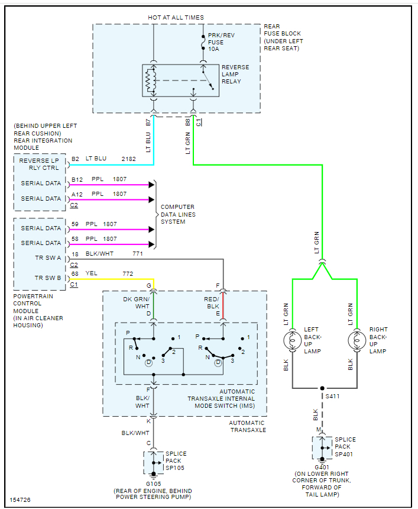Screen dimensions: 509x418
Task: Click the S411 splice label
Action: [333, 395]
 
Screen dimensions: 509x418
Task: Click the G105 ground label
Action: [153, 483]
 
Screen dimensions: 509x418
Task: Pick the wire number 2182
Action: [128, 160]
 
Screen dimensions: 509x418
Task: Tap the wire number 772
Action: [128, 274]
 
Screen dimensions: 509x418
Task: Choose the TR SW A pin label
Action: [49, 258]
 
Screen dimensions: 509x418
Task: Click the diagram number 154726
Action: [20, 500]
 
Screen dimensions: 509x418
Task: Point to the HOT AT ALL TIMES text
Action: [176, 18]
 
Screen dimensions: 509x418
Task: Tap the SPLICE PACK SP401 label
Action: [345, 447]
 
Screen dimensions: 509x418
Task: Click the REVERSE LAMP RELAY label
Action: [235, 75]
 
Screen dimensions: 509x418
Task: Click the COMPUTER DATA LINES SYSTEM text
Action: [178, 214]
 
